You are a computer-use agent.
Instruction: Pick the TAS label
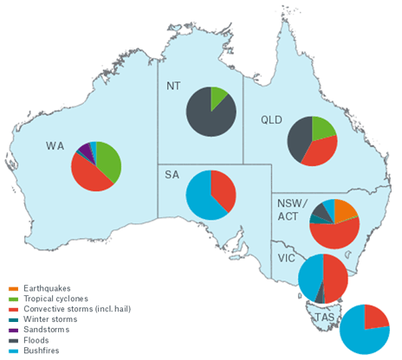pyautogui.click(x=324, y=318)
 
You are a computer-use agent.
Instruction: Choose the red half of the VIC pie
pyautogui.click(x=335, y=277)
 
